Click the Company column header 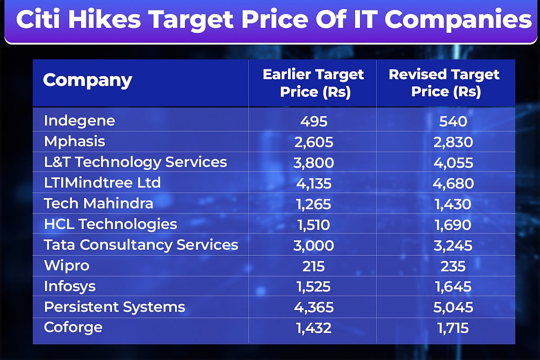coord(87,81)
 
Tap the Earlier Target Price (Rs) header coord(313,83)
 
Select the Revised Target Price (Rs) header coord(444,83)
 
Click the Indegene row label coord(80,121)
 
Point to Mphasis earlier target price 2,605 coord(313,142)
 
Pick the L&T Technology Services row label coord(135,162)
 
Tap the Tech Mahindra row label coord(99,203)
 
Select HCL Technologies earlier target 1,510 coord(313,225)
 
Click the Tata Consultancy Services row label coord(141,245)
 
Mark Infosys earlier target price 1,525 coord(313,287)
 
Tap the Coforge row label coord(73,327)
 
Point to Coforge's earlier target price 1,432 coord(313,328)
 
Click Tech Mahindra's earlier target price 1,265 coord(313,204)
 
